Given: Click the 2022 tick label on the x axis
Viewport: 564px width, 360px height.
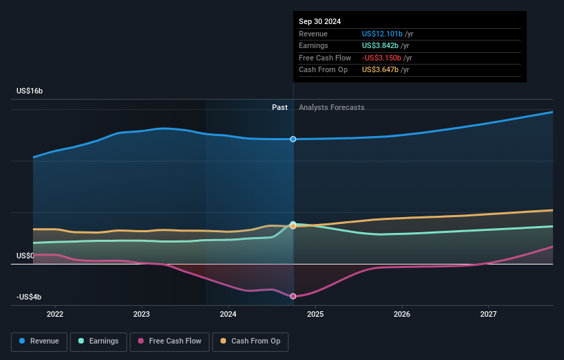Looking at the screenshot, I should pyautogui.click(x=55, y=315).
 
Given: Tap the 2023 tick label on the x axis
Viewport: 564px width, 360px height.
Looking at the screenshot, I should pyautogui.click(x=142, y=315).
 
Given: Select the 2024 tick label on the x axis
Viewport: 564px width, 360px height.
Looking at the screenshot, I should pyautogui.click(x=228, y=315).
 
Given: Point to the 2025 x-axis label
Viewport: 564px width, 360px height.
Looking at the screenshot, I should pyautogui.click(x=315, y=315).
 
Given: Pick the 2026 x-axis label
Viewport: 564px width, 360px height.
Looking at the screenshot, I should pyautogui.click(x=402, y=315).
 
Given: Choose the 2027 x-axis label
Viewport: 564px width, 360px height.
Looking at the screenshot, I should pyautogui.click(x=488, y=315).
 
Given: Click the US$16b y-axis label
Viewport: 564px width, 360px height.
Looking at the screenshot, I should pyautogui.click(x=30, y=91).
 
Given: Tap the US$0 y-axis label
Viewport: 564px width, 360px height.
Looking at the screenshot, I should pyautogui.click(x=25, y=256).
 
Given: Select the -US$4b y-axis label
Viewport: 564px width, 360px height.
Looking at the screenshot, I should pyautogui.click(x=29, y=297).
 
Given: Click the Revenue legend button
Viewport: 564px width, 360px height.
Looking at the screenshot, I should pyautogui.click(x=40, y=341).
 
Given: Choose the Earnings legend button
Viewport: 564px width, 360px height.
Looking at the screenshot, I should pyautogui.click(x=98, y=341).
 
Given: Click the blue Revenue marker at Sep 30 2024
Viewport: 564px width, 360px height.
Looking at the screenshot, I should pyautogui.click(x=293, y=139).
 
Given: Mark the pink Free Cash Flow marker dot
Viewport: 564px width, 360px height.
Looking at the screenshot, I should pyautogui.click(x=293, y=296).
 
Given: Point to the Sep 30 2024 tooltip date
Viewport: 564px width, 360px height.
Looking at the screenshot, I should pyautogui.click(x=319, y=22).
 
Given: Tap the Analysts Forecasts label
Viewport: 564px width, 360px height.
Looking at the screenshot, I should pyautogui.click(x=332, y=107).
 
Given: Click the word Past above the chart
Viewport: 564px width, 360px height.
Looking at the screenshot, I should pyautogui.click(x=280, y=107).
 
